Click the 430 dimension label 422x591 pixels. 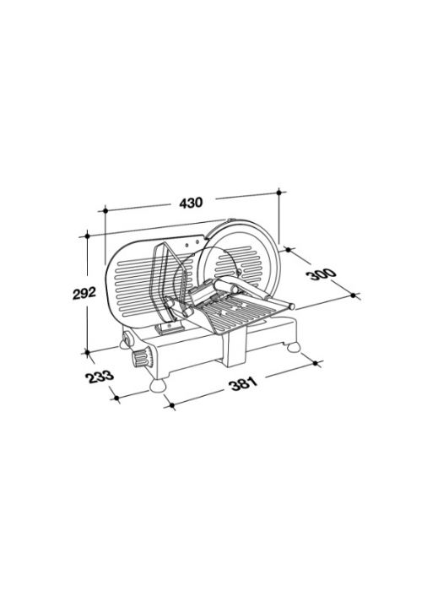[191, 203]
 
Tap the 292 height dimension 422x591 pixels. [84, 293]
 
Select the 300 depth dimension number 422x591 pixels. [322, 274]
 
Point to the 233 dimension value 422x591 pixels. [100, 377]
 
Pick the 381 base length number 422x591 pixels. [243, 383]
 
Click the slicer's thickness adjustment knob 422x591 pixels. [141, 359]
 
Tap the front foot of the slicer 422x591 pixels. [159, 385]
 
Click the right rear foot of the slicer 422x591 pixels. [294, 347]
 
